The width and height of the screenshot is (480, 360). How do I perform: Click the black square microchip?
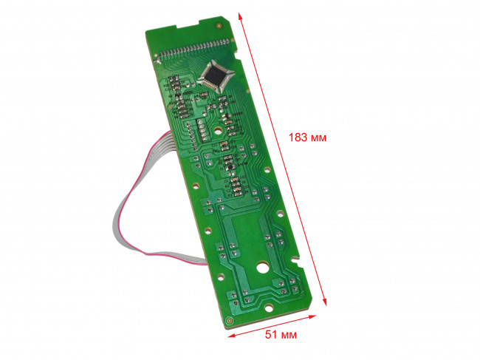pos(216,75)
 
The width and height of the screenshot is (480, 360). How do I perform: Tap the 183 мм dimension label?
pos(307,137)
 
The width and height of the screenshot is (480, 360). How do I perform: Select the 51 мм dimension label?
pos(281,335)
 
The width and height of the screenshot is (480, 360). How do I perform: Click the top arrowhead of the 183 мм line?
pos(240,16)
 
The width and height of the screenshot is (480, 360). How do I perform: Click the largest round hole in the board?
pos(262,268)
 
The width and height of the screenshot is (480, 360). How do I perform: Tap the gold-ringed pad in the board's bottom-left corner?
pos(229,321)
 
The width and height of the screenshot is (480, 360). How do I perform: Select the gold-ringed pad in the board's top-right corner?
pos(219,26)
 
